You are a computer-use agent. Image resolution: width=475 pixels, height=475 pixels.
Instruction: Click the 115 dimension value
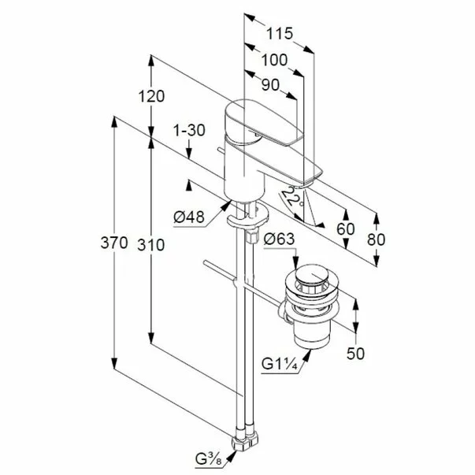280,34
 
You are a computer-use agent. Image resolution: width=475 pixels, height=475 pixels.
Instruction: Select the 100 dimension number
274,60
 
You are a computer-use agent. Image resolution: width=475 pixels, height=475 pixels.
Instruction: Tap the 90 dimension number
270,85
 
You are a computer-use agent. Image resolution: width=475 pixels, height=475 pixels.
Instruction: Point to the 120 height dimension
151,96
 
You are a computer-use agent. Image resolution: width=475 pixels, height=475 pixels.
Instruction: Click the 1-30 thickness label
189,130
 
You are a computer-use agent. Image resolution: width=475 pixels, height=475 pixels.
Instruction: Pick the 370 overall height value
114,243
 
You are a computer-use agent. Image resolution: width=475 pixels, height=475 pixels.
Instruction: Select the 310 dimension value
151,244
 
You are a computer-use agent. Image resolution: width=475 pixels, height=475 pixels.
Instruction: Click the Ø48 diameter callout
189,217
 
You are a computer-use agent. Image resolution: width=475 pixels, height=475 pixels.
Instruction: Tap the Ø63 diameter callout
279,239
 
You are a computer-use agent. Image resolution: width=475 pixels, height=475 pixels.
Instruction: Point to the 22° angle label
293,197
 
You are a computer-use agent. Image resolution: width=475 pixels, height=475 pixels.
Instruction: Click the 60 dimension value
345,229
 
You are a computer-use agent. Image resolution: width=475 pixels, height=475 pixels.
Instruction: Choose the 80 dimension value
376,239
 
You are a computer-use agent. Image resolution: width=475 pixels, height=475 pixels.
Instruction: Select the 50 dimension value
355,353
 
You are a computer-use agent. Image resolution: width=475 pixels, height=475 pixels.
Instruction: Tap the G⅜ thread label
209,459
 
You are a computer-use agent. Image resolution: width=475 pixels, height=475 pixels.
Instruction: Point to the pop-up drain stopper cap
311,274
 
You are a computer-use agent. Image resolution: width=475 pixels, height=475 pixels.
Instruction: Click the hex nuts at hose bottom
245,443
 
